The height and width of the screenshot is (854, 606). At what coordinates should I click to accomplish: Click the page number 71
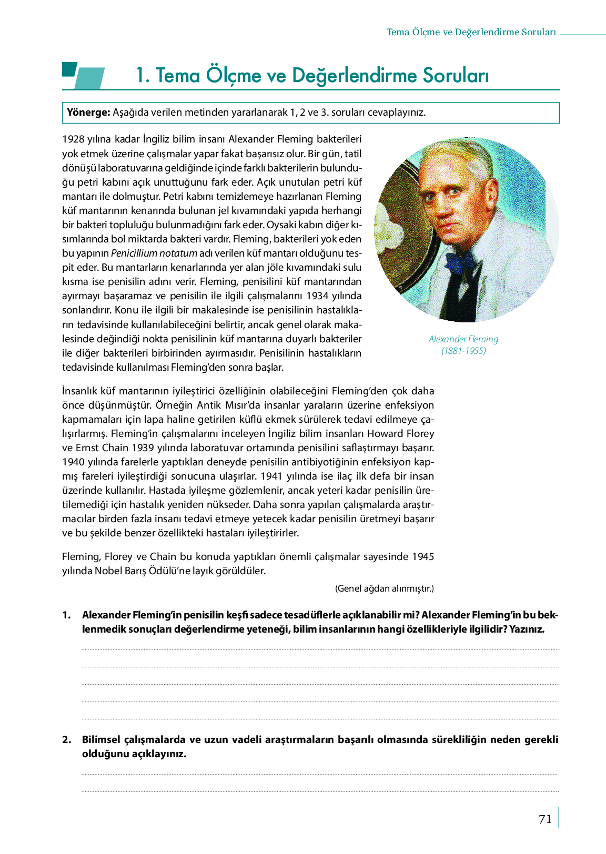tap(545, 819)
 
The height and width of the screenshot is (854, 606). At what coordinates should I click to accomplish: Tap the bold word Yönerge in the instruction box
tap(88, 112)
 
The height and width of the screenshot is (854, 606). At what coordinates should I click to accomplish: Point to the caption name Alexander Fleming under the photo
tap(463, 339)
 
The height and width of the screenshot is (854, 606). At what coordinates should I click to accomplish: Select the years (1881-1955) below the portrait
tap(463, 351)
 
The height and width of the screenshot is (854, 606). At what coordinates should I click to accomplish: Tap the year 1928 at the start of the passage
tap(73, 139)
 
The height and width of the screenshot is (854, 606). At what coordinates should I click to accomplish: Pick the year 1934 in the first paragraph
tap(318, 296)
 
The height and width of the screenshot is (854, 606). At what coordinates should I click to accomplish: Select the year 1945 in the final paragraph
tap(422, 556)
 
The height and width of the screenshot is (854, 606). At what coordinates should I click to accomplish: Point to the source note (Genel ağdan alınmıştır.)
tap(385, 588)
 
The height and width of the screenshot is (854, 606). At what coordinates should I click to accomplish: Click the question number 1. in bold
tap(66, 615)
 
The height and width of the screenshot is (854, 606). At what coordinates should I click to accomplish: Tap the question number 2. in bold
tap(66, 739)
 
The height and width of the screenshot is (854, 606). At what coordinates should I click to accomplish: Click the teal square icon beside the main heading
tap(69, 69)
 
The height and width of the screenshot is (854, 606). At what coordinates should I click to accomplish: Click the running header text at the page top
tap(471, 32)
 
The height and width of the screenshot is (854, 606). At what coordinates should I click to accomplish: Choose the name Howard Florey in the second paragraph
tap(400, 433)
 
